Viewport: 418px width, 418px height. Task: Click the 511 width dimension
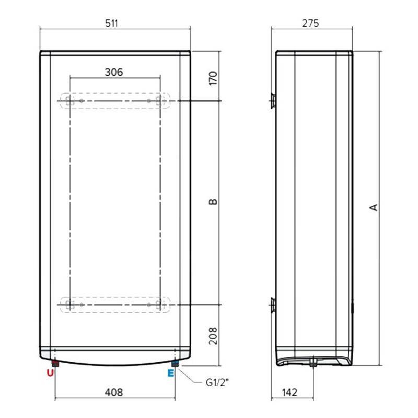click(x=115, y=24)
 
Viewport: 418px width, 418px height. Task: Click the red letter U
click(x=50, y=373)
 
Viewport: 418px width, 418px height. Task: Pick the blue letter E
click(x=170, y=373)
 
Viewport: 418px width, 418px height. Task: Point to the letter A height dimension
click(x=374, y=207)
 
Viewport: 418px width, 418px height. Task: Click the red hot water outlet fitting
click(x=55, y=363)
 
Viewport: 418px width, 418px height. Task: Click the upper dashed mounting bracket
click(x=115, y=100)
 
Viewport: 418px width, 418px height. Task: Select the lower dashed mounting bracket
click(x=115, y=304)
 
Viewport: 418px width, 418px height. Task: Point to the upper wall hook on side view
click(x=273, y=100)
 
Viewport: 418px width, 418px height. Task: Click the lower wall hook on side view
click(x=273, y=304)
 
